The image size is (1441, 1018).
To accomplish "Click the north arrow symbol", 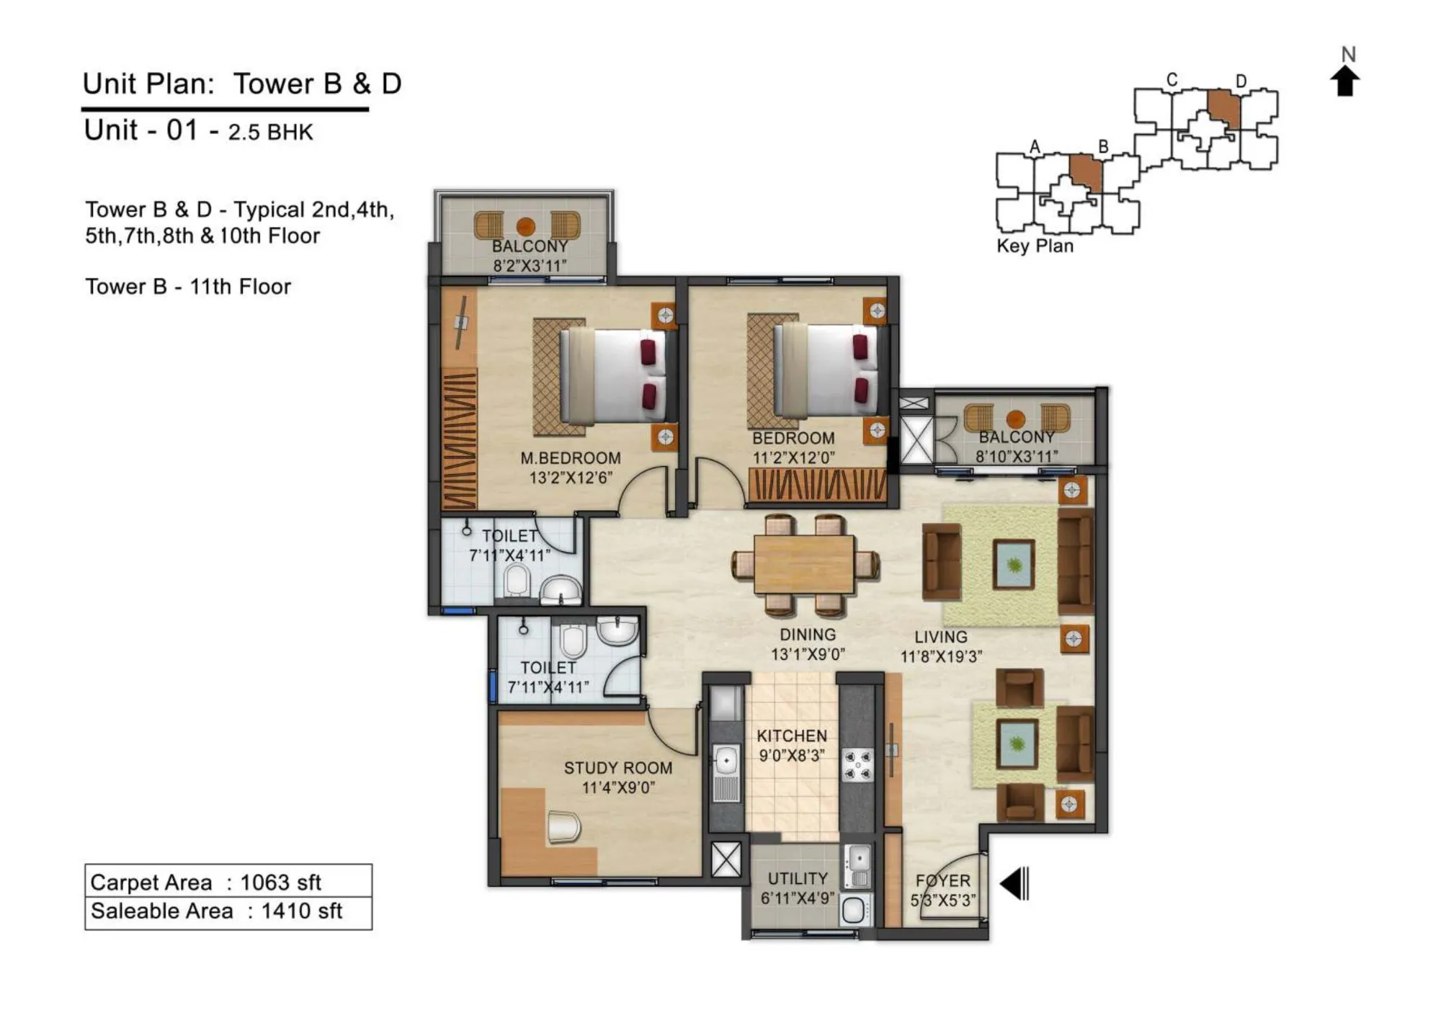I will coord(1344,81).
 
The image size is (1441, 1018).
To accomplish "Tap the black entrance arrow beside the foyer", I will coord(1015,883).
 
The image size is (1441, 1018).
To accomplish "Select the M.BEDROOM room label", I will coord(570,458).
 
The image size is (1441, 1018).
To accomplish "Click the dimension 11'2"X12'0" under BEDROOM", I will coord(793,457).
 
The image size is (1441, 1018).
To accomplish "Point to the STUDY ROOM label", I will coord(617,768).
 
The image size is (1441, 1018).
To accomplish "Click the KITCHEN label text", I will coord(791,736).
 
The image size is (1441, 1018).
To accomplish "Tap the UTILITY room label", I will coord(797,878).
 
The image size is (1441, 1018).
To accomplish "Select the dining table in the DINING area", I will coord(804,564).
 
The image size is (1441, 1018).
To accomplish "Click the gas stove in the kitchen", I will coord(857,765).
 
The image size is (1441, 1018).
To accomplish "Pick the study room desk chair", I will coord(563,826).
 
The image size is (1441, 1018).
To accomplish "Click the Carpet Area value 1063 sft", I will coord(280,882).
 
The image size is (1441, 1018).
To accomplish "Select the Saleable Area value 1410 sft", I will coord(301,911).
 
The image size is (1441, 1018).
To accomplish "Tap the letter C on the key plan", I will coord(1172,80).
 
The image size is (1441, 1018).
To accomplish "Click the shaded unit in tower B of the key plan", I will coord(1086,172).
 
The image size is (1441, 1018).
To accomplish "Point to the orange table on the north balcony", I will coord(526,226).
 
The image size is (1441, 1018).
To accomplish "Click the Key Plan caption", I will coord(1035,246).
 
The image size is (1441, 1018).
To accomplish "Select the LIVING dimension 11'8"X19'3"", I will coord(940,656).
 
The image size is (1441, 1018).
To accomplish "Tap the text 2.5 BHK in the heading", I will coord(270,133).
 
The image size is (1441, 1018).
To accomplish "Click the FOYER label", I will coord(942,880).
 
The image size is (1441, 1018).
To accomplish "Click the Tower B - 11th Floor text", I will coord(188,287).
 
